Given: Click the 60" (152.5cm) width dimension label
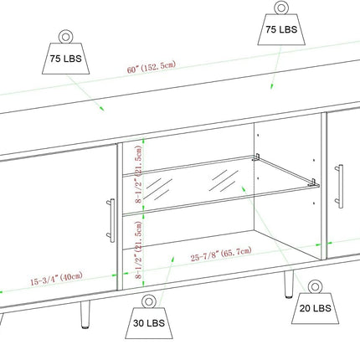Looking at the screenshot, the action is (152, 67).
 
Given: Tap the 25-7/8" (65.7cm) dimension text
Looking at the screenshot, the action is (221, 254).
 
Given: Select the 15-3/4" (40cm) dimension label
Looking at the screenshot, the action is (57, 279).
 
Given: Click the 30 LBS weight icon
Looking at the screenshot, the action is (149, 317).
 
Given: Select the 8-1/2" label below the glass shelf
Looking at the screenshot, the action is (139, 250).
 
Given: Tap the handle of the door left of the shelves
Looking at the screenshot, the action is (111, 220).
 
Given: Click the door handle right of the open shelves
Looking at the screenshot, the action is (340, 186).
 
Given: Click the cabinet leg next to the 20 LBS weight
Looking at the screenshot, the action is (289, 284).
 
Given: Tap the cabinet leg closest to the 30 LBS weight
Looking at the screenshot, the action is (85, 314).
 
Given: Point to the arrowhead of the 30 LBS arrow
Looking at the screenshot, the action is (172, 260).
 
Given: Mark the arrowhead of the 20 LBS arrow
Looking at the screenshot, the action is (244, 189).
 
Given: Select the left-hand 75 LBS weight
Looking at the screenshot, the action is (66, 52).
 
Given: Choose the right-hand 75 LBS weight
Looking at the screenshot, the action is (281, 23).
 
